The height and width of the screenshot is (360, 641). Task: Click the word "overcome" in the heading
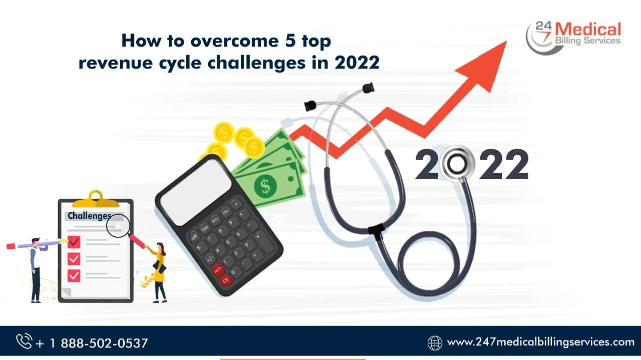coord(234,41)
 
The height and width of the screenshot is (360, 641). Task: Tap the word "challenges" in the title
coord(256,63)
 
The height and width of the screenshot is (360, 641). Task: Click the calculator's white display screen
coord(196,191)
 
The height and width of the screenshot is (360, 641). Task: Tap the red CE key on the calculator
coord(226,280)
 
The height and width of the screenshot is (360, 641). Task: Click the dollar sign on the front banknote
coord(265,186)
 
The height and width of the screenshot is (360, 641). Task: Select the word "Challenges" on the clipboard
coord(89,216)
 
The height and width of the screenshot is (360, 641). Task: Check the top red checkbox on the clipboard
coord(74,241)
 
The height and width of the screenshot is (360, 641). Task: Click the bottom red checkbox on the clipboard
coord(74,276)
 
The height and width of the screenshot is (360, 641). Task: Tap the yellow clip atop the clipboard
coord(95,199)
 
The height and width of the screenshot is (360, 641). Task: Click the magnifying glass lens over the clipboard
coord(118,225)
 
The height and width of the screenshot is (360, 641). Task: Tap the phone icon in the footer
coord(24,341)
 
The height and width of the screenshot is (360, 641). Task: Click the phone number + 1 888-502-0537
coord(92,343)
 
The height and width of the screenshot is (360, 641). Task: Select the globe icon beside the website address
coord(435,343)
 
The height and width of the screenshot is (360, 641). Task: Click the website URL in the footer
coord(541,342)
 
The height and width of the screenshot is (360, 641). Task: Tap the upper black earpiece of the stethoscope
coord(368,88)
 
